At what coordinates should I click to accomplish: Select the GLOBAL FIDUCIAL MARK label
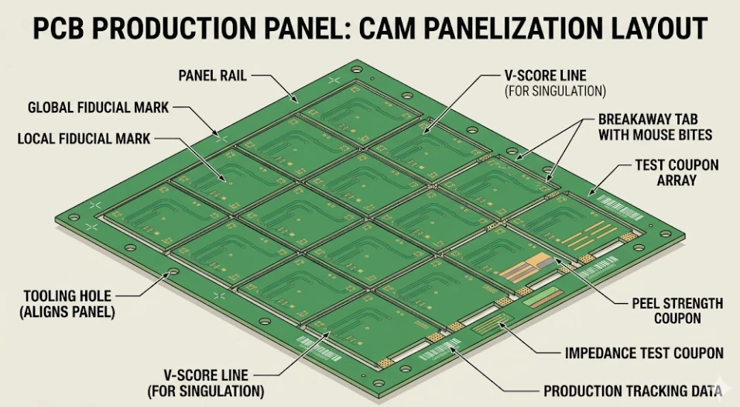[x=98, y=108]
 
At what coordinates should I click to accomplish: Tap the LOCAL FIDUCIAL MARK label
[x=84, y=139]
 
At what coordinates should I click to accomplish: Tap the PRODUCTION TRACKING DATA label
[x=633, y=391]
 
